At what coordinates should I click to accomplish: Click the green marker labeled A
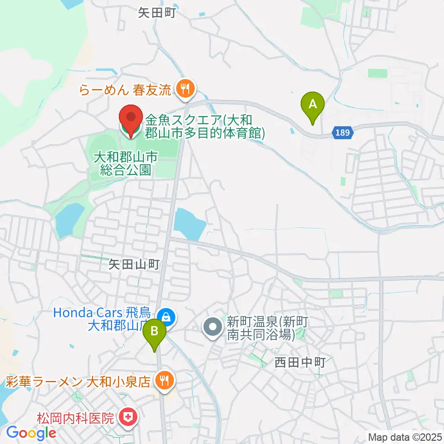(x=313, y=104)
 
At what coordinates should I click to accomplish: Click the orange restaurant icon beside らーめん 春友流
(x=186, y=87)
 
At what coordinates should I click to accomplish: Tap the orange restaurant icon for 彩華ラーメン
(x=163, y=381)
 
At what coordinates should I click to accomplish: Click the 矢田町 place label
(x=157, y=13)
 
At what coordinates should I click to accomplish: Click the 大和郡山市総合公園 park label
(x=126, y=164)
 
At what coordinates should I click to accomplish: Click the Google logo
(x=31, y=433)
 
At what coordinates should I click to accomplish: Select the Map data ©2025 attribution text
(x=405, y=437)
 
